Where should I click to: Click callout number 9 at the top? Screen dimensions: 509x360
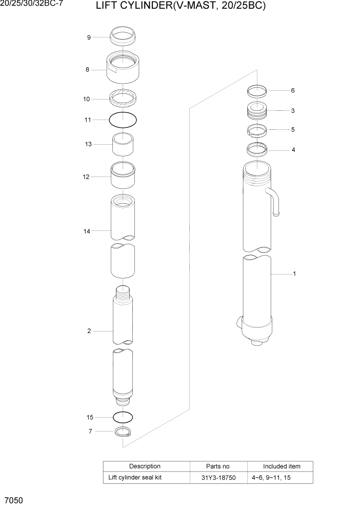pos(89,37)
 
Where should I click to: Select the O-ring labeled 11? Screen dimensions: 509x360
pos(123,120)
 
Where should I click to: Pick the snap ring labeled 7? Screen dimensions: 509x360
pos(123,432)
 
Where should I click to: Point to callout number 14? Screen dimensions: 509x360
pos(87,231)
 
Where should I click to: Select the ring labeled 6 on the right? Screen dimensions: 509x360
pos(257,91)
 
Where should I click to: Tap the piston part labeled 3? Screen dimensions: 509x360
pos(257,110)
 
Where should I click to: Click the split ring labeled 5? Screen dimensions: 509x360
pos(257,130)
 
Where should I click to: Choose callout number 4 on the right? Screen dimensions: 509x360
pos(293,150)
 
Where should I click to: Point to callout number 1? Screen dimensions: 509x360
pos(294,274)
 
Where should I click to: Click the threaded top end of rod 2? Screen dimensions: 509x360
pos(123,295)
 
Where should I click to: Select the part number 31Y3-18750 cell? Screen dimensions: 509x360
pos(218,478)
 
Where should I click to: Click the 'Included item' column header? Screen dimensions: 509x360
pos(282,466)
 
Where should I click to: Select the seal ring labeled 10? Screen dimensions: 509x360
pos(123,96)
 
